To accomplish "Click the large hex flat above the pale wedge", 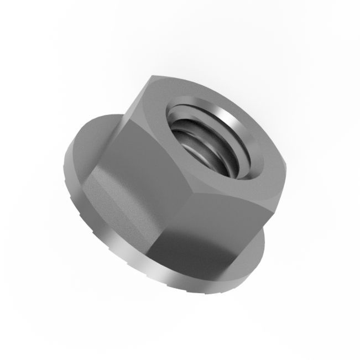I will tap(149, 160).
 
